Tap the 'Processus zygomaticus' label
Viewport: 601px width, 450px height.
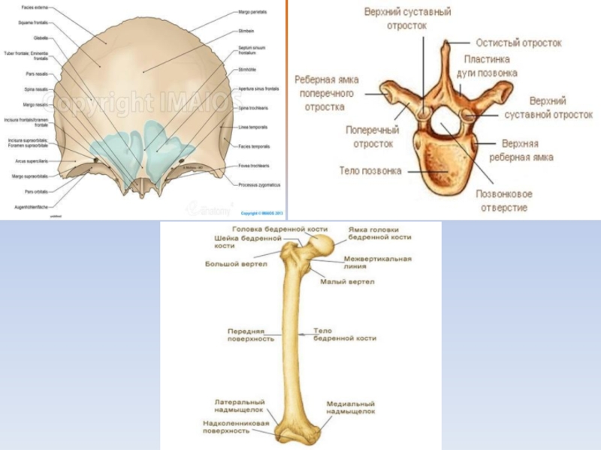pos(258,184)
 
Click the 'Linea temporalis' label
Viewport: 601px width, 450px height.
pos(253,127)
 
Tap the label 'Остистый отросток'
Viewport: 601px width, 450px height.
pos(518,43)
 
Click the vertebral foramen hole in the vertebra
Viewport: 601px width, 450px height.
pos(446,120)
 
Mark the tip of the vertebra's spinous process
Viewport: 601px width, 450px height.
pos(444,43)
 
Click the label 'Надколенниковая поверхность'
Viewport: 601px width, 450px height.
pos(236,426)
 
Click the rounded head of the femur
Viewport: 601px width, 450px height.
pos(324,245)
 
